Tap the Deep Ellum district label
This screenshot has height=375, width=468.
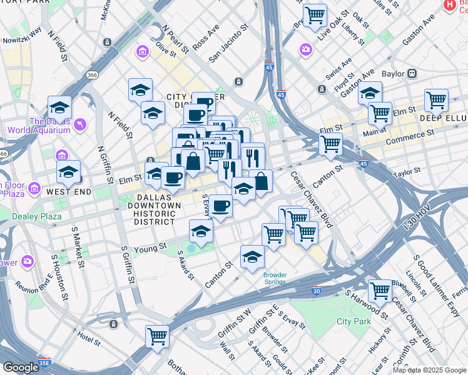point(444,118)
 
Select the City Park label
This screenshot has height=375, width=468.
point(354,321)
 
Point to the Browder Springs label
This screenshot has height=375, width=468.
point(275,278)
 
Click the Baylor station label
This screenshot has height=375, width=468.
point(393,74)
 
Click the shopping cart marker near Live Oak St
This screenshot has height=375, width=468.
point(314,14)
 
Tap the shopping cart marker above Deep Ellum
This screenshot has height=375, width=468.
point(435,99)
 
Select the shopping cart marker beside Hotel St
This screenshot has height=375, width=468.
point(157,336)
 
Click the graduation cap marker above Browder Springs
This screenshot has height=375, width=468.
point(252,256)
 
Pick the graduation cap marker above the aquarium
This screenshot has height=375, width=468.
point(59,107)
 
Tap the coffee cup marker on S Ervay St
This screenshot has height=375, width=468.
point(220,205)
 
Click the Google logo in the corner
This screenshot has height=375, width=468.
point(20,367)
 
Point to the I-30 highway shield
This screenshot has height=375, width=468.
point(317,291)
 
